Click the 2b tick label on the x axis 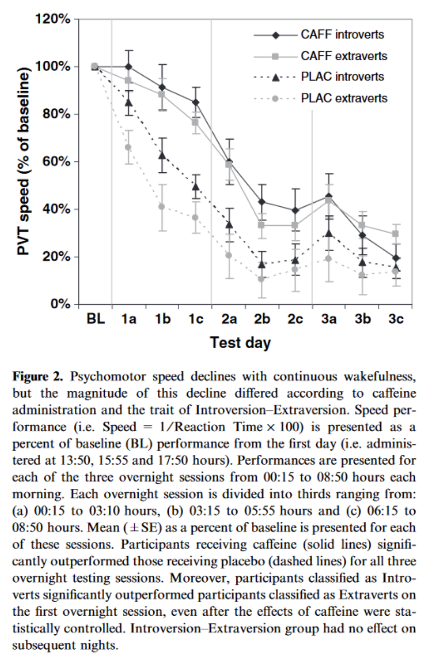(x=262, y=320)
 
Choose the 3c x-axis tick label (x=396, y=320)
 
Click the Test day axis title (x=240, y=342)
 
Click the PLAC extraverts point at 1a (x=128, y=147)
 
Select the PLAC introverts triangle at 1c (x=195, y=187)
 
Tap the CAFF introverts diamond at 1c (x=195, y=102)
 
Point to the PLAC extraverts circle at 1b (x=161, y=206)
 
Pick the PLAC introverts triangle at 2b (x=262, y=264)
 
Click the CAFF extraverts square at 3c (x=396, y=234)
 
